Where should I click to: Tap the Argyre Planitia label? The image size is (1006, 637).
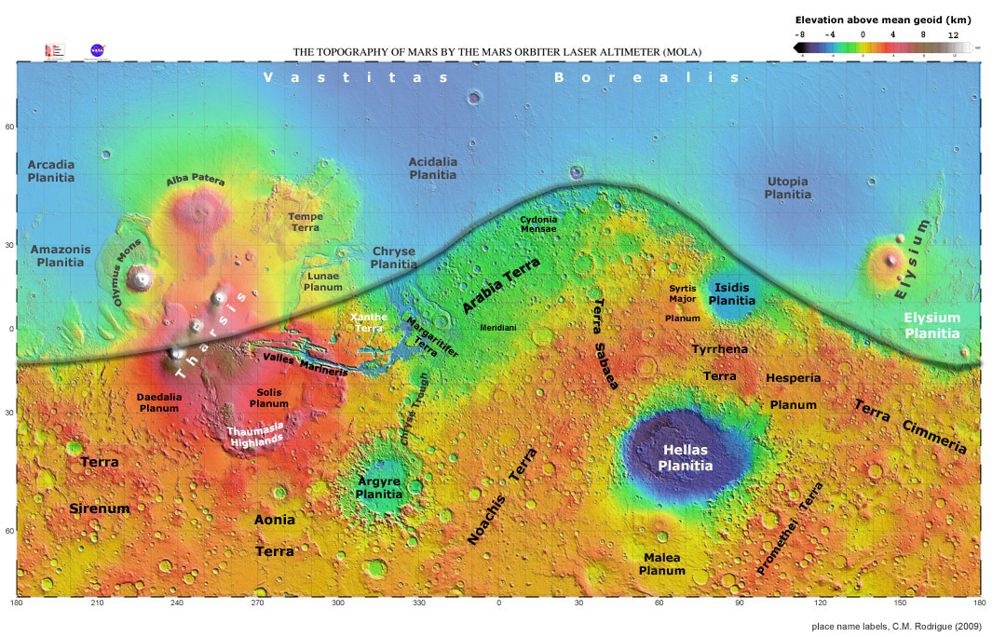click(379, 488)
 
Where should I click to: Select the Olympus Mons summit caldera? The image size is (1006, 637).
click(142, 278)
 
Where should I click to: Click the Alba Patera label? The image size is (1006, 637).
click(196, 181)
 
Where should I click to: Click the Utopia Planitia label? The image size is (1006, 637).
click(787, 187)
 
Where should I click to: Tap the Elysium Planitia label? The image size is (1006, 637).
click(931, 325)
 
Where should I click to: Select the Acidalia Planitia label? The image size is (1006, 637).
click(433, 169)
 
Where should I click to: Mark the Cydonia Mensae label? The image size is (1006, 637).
click(538, 224)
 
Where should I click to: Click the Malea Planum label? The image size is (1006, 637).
click(662, 563)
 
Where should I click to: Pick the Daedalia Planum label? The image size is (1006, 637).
click(158, 402)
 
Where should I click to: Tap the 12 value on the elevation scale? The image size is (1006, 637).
click(953, 34)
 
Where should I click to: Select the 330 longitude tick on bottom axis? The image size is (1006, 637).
click(418, 604)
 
